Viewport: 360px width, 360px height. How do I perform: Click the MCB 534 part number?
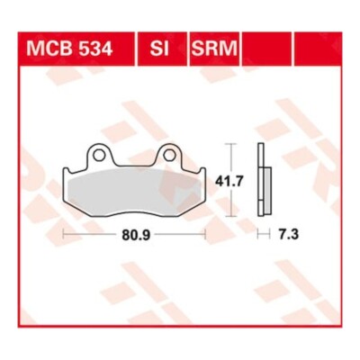coord(69,49)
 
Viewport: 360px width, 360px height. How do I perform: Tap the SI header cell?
coord(162,49)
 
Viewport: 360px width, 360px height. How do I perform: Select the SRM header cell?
coord(214,49)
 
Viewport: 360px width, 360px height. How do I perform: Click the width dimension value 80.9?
coord(136,234)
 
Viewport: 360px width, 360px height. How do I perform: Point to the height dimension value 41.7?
coord(229,182)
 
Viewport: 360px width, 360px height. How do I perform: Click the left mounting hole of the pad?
coord(98,155)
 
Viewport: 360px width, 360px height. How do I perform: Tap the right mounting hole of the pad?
coord(168,155)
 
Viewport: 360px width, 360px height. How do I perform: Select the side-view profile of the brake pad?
coord(264,180)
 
